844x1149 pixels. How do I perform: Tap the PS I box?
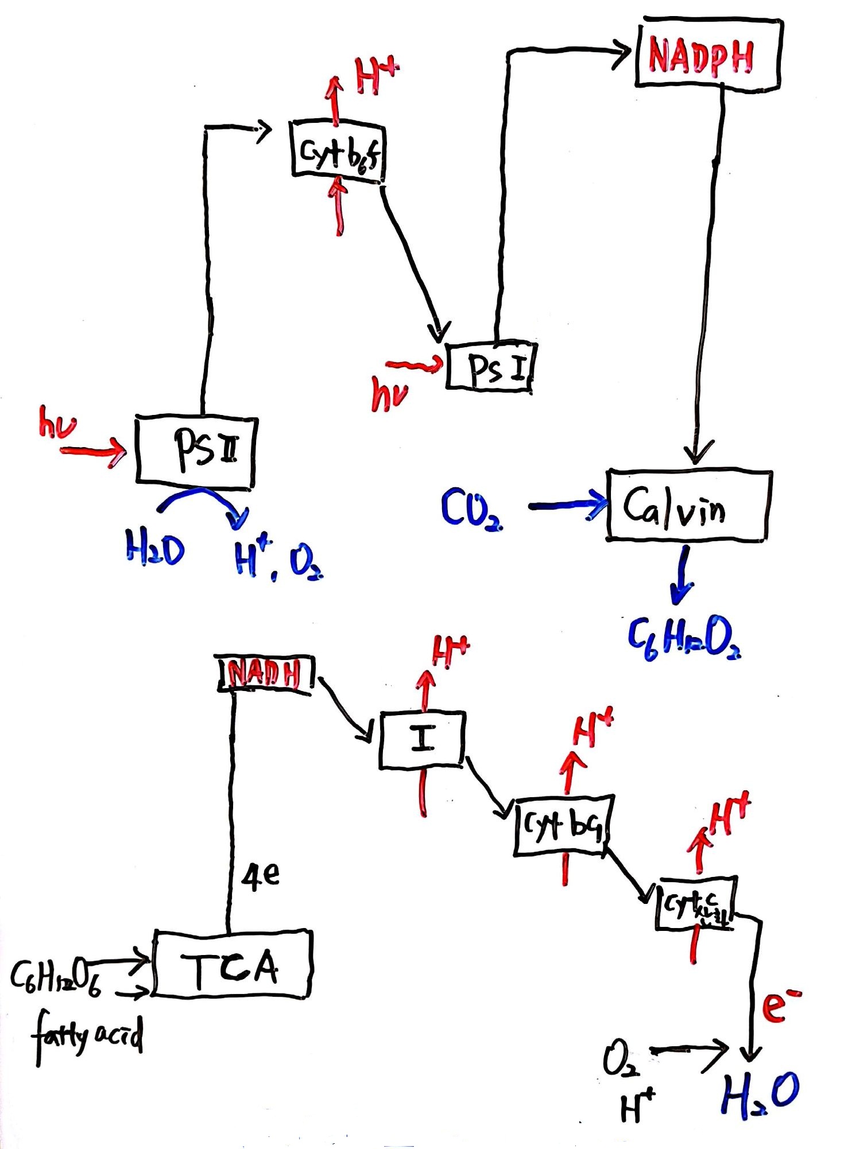(x=491, y=367)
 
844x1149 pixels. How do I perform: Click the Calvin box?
(x=688, y=506)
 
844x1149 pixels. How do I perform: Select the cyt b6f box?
(x=338, y=151)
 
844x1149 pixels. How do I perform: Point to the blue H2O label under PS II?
(x=154, y=549)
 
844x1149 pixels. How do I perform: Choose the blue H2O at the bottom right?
(x=759, y=1094)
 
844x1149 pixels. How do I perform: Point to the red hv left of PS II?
(x=56, y=422)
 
